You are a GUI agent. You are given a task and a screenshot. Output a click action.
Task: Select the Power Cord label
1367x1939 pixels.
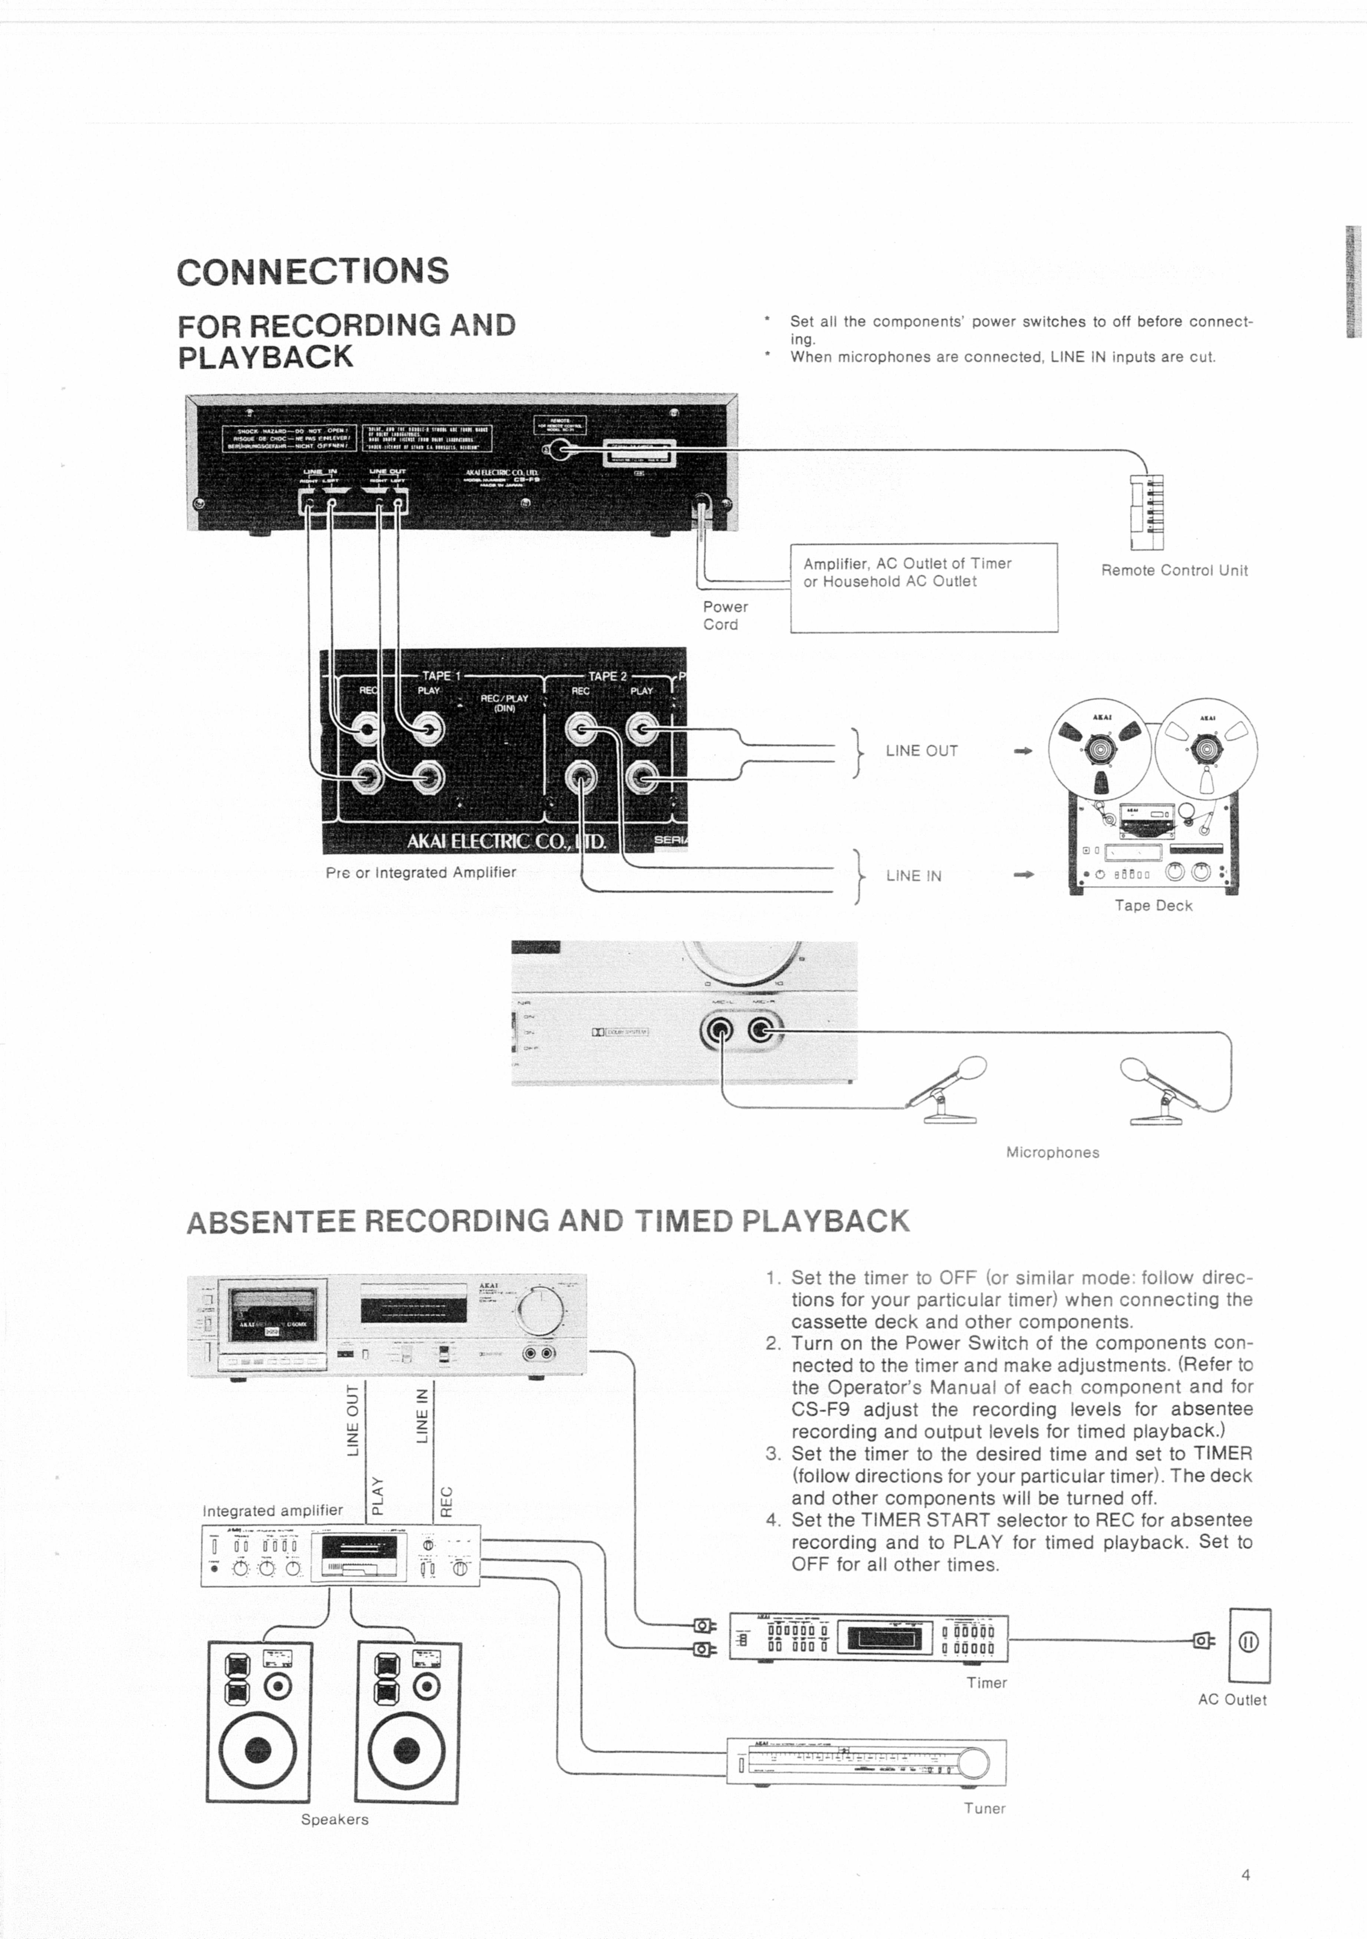pyautogui.click(x=724, y=616)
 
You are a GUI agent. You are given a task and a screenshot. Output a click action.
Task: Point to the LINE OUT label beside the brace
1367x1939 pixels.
pyautogui.click(x=921, y=751)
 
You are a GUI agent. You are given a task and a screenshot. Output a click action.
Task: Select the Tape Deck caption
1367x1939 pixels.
pyautogui.click(x=1153, y=905)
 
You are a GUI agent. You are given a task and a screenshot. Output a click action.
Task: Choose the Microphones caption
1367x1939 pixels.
pyautogui.click(x=1052, y=1153)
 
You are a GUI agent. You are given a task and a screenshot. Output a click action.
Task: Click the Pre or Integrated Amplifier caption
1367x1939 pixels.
pyautogui.click(x=420, y=872)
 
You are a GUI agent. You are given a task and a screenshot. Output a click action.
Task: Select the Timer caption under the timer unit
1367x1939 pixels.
pyautogui.click(x=986, y=1682)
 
